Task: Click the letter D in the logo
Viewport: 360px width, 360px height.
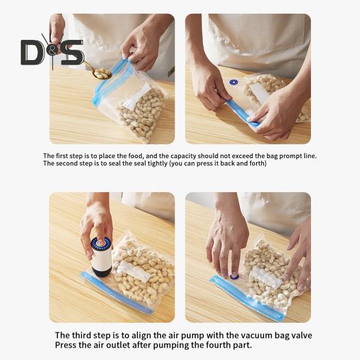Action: pyautogui.click(x=32, y=52)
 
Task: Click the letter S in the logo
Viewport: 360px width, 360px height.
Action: pyautogui.click(x=73, y=52)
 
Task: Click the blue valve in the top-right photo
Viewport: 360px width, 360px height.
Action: pyautogui.click(x=233, y=82)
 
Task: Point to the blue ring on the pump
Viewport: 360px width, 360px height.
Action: pyautogui.click(x=101, y=244)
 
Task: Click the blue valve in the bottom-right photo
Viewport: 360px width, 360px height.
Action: pyautogui.click(x=234, y=275)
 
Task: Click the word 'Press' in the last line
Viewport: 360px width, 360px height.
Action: pyautogui.click(x=67, y=345)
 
